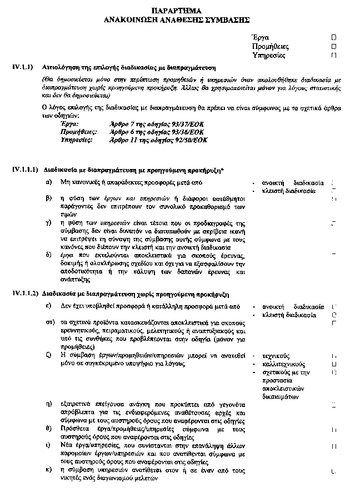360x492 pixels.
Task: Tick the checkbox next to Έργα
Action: (x=334, y=37)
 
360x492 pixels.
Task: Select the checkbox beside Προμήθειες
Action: (x=334, y=47)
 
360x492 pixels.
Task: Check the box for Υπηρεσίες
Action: (x=334, y=56)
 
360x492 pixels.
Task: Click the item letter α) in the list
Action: (x=49, y=182)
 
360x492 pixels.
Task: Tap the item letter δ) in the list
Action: (x=49, y=254)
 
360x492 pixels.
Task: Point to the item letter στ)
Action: (x=49, y=322)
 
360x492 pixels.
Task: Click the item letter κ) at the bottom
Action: (x=49, y=470)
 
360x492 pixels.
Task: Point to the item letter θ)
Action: (x=49, y=429)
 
